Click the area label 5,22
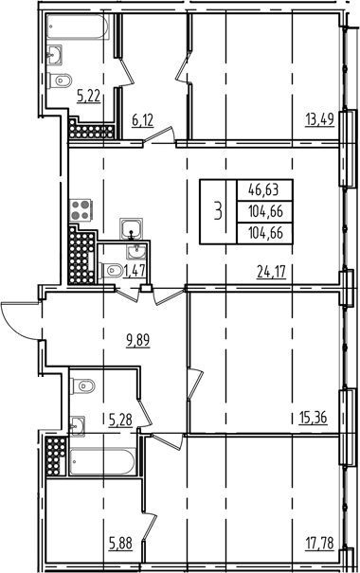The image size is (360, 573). click(89, 95)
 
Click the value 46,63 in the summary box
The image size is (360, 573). click(266, 188)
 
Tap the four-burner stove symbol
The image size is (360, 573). click(80, 212)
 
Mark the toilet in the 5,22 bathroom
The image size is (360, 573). click(61, 80)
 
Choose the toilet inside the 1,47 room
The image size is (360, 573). click(110, 271)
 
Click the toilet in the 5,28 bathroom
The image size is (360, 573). click(84, 385)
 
